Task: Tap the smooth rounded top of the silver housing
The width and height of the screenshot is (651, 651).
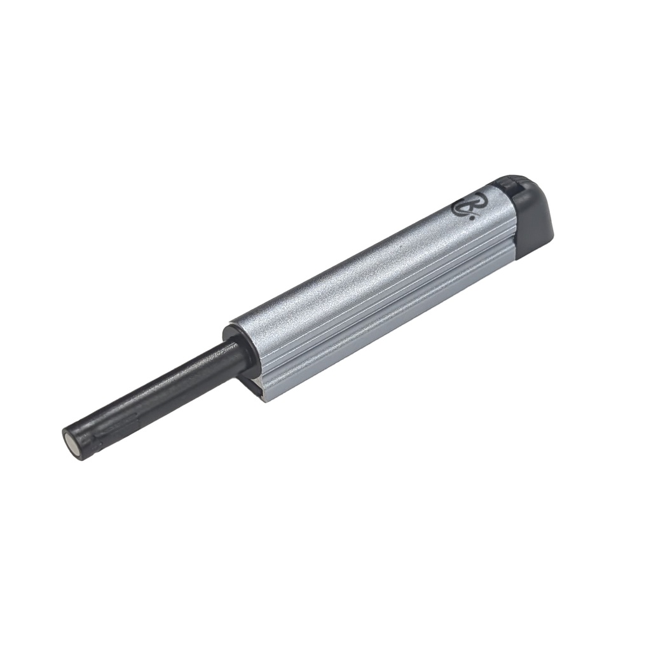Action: pyautogui.click(x=356, y=267)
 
